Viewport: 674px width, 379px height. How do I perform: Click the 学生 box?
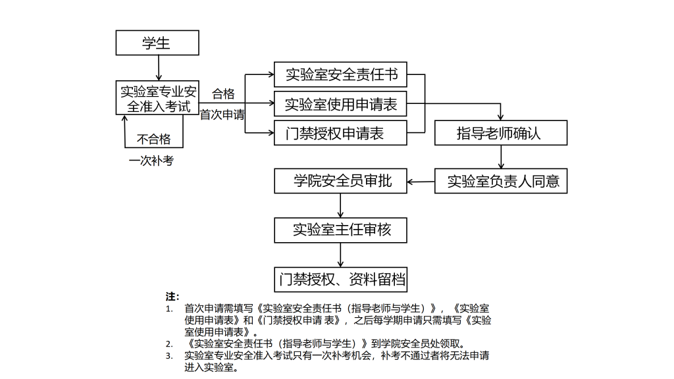pyautogui.click(x=157, y=43)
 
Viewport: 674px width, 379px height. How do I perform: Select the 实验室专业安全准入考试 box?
pyautogui.click(x=157, y=97)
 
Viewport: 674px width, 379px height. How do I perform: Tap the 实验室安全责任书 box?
pyautogui.click(x=341, y=74)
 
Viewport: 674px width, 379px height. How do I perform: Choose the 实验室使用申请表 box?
pyautogui.click(x=341, y=104)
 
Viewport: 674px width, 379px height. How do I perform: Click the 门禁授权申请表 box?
pyautogui.click(x=341, y=134)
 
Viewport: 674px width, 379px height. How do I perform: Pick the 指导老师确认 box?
pyautogui.click(x=500, y=133)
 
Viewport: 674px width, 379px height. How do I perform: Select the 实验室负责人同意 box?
pyautogui.click(x=500, y=181)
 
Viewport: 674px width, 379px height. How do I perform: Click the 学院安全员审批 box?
pyautogui.click(x=341, y=181)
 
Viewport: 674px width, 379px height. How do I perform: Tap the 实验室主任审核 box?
pyautogui.click(x=341, y=230)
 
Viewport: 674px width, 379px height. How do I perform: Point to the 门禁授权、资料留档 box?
pyautogui.click(x=341, y=279)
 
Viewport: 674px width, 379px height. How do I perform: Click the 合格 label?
pyautogui.click(x=223, y=93)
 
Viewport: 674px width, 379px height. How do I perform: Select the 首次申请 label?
pyautogui.click(x=222, y=114)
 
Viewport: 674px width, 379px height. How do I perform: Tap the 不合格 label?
pyautogui.click(x=153, y=139)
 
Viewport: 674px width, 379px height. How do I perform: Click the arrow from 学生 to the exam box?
pyautogui.click(x=158, y=68)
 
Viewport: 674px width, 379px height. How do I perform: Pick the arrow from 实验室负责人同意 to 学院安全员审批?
pyautogui.click(x=421, y=181)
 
